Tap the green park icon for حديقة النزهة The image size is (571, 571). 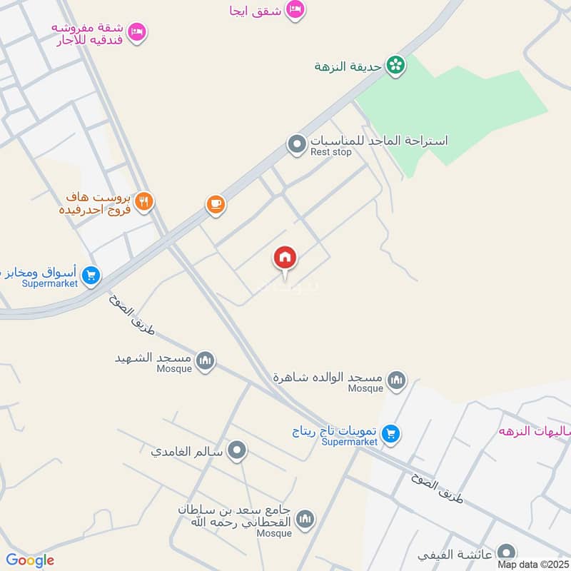[x=395, y=66]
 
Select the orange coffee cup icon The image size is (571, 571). [x=216, y=205]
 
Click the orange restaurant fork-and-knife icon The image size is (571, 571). [x=144, y=202]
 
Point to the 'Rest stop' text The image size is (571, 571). [x=330, y=152]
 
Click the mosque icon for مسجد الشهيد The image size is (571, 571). [x=206, y=361]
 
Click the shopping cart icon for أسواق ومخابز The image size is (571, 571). [x=91, y=275]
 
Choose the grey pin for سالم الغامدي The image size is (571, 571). [x=238, y=451]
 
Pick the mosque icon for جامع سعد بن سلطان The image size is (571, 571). [x=305, y=519]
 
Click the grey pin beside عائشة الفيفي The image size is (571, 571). [x=506, y=553]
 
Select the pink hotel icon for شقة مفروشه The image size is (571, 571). [x=138, y=31]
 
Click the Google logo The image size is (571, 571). [x=29, y=560]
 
